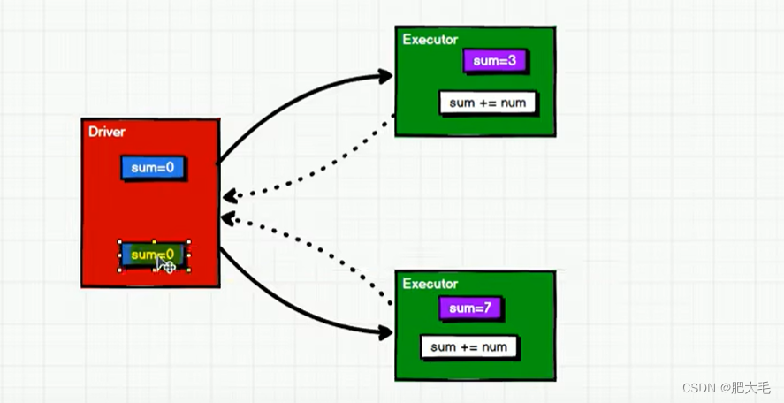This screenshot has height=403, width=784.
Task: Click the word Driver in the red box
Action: [107, 132]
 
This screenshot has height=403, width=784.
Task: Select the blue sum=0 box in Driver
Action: [153, 168]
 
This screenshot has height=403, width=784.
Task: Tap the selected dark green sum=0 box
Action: [141, 255]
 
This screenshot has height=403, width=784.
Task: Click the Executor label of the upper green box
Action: [430, 40]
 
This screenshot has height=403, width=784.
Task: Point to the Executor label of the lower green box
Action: [430, 284]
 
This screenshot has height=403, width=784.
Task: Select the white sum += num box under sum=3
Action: [487, 103]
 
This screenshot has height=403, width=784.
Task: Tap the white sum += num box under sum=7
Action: [468, 346]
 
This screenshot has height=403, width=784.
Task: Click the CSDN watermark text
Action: [700, 387]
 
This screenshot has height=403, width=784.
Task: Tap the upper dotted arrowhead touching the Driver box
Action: [229, 195]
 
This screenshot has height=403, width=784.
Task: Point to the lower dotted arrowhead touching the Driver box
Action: [229, 217]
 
